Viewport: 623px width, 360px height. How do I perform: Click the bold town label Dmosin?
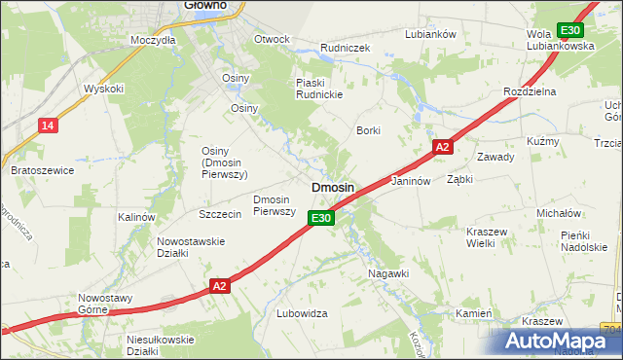pyautogui.click(x=332, y=187)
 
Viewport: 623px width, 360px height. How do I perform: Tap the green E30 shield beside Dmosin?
pyautogui.click(x=323, y=219)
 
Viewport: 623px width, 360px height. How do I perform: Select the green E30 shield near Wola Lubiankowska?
pyautogui.click(x=571, y=30)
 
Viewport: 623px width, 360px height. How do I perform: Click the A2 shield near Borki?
pyautogui.click(x=442, y=147)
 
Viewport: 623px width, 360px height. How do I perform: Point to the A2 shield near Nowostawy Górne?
pyautogui.click(x=220, y=286)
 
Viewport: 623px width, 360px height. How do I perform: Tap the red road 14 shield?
pyautogui.click(x=48, y=125)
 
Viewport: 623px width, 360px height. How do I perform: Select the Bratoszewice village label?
pyautogui.click(x=42, y=170)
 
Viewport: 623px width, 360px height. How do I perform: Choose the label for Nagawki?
pyautogui.click(x=388, y=273)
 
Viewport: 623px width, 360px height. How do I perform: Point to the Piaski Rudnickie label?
pyautogui.click(x=321, y=89)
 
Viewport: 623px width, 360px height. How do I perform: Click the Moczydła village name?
pyautogui.click(x=153, y=40)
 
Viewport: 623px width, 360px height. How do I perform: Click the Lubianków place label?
pyautogui.click(x=430, y=34)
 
